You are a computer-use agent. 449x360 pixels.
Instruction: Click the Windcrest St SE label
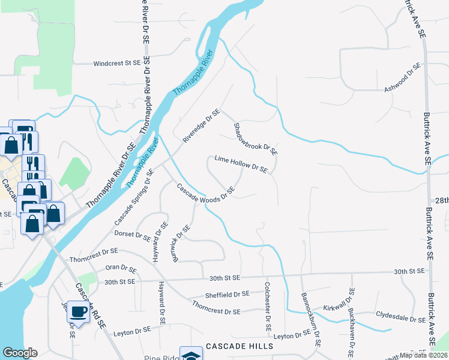coord(116,62)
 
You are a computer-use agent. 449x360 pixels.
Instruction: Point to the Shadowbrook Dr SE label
coord(256,138)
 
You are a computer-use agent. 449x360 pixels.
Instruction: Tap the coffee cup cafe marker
coord(78,311)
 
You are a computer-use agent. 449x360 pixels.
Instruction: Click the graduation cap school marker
coord(191,355)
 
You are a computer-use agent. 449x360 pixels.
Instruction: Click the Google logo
coord(20,353)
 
